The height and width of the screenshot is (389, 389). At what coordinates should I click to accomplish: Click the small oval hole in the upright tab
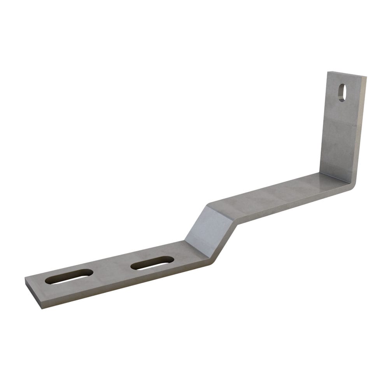342,93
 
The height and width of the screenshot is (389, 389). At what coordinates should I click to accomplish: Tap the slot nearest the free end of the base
69,276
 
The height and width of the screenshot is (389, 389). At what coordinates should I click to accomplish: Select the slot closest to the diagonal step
152,263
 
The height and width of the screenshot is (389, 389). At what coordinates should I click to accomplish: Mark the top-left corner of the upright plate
328,72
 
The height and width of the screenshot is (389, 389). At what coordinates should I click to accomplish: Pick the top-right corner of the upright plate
366,77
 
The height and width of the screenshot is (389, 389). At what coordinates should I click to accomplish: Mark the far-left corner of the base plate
25,279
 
